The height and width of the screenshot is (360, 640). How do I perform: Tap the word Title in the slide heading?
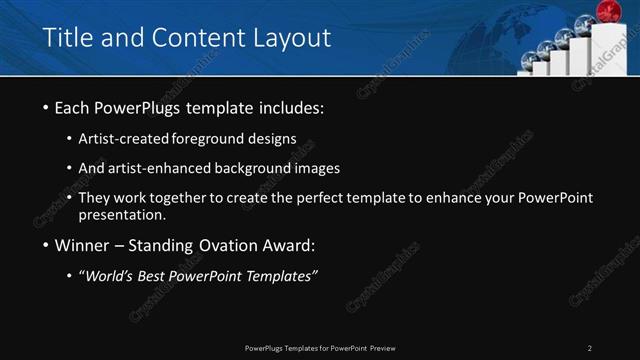point(68,38)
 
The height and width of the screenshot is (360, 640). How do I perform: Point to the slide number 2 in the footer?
point(590,347)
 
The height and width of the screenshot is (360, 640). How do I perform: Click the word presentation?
point(122,214)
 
